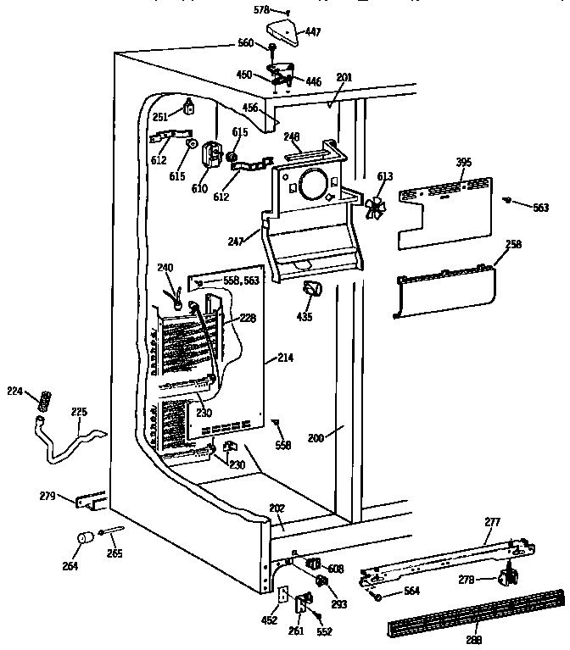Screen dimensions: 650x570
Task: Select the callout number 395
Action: pyautogui.click(x=462, y=161)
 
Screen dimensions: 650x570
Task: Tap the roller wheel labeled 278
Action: pyautogui.click(x=509, y=578)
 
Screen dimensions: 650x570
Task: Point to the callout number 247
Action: pyautogui.click(x=236, y=242)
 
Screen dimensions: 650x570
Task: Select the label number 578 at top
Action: pyautogui.click(x=262, y=10)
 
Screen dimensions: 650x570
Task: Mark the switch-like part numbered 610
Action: pyautogui.click(x=210, y=153)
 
